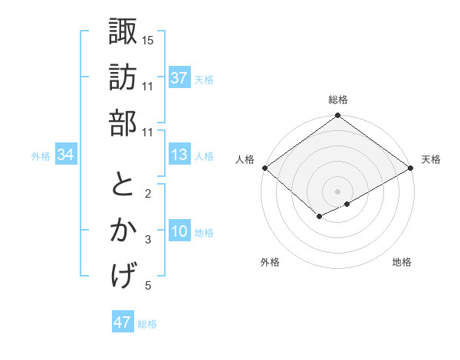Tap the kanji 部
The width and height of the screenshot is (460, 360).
coord(123,122)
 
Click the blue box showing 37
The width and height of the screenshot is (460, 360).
coord(179,78)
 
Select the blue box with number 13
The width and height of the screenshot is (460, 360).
coord(179,155)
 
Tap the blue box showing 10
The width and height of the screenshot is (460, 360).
coord(179,232)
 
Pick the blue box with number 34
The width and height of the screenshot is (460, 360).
coord(65,155)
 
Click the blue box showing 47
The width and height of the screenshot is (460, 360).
coord(123,322)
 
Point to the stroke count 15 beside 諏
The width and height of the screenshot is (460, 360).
coord(148,40)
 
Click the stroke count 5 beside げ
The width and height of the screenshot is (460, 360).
coord(148,286)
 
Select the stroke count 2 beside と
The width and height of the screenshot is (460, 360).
coord(148,194)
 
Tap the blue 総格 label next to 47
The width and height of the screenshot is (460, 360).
coord(147,324)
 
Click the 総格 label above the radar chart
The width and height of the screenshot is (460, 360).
coord(338,100)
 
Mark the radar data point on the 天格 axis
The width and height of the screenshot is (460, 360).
coord(412,168)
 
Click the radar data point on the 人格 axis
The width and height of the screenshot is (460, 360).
coord(264,168)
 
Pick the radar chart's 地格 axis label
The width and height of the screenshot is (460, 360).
coord(402,263)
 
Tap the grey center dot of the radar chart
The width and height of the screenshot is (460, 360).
coord(337,190)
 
